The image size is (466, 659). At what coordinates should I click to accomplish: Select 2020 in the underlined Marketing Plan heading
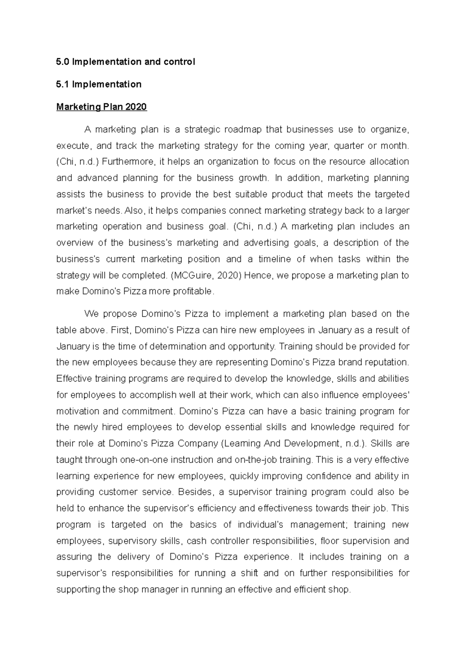[136, 107]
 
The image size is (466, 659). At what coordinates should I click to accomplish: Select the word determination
[177, 346]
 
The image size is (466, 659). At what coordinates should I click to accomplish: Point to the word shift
[249, 573]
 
